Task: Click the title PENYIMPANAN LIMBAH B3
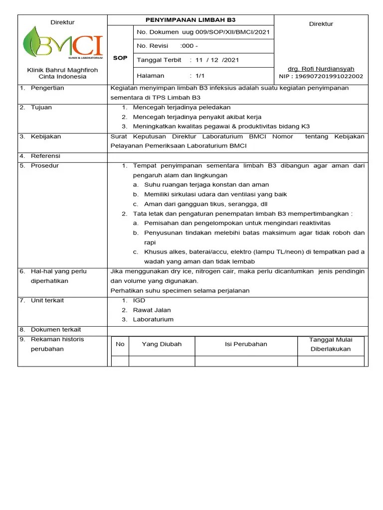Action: [x=190, y=20]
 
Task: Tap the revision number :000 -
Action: [x=189, y=46]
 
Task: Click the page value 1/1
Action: [x=200, y=76]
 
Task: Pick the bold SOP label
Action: [x=120, y=58]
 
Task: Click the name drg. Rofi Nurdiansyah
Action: [x=321, y=69]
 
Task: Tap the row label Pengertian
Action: [x=47, y=88]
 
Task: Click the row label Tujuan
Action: [x=41, y=108]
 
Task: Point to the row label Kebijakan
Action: [x=45, y=136]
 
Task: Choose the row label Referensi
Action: [x=45, y=156]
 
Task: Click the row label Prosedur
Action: [x=45, y=165]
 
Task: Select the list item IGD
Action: [x=139, y=300]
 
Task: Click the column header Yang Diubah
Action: [x=162, y=344]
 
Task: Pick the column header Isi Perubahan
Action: [x=246, y=344]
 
